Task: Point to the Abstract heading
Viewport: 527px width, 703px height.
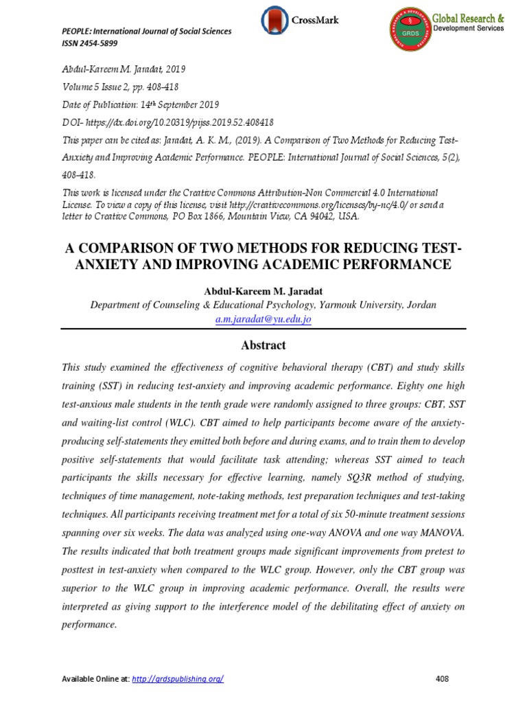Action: click(x=263, y=345)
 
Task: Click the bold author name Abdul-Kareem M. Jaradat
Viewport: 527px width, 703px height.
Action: click(x=263, y=290)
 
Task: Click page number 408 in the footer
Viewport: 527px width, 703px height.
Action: click(x=442, y=679)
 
